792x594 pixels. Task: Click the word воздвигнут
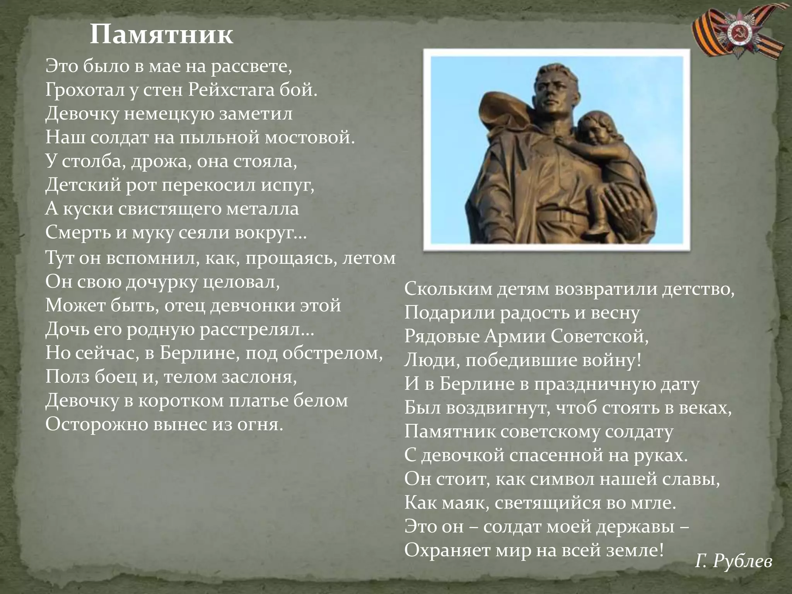coord(496,408)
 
